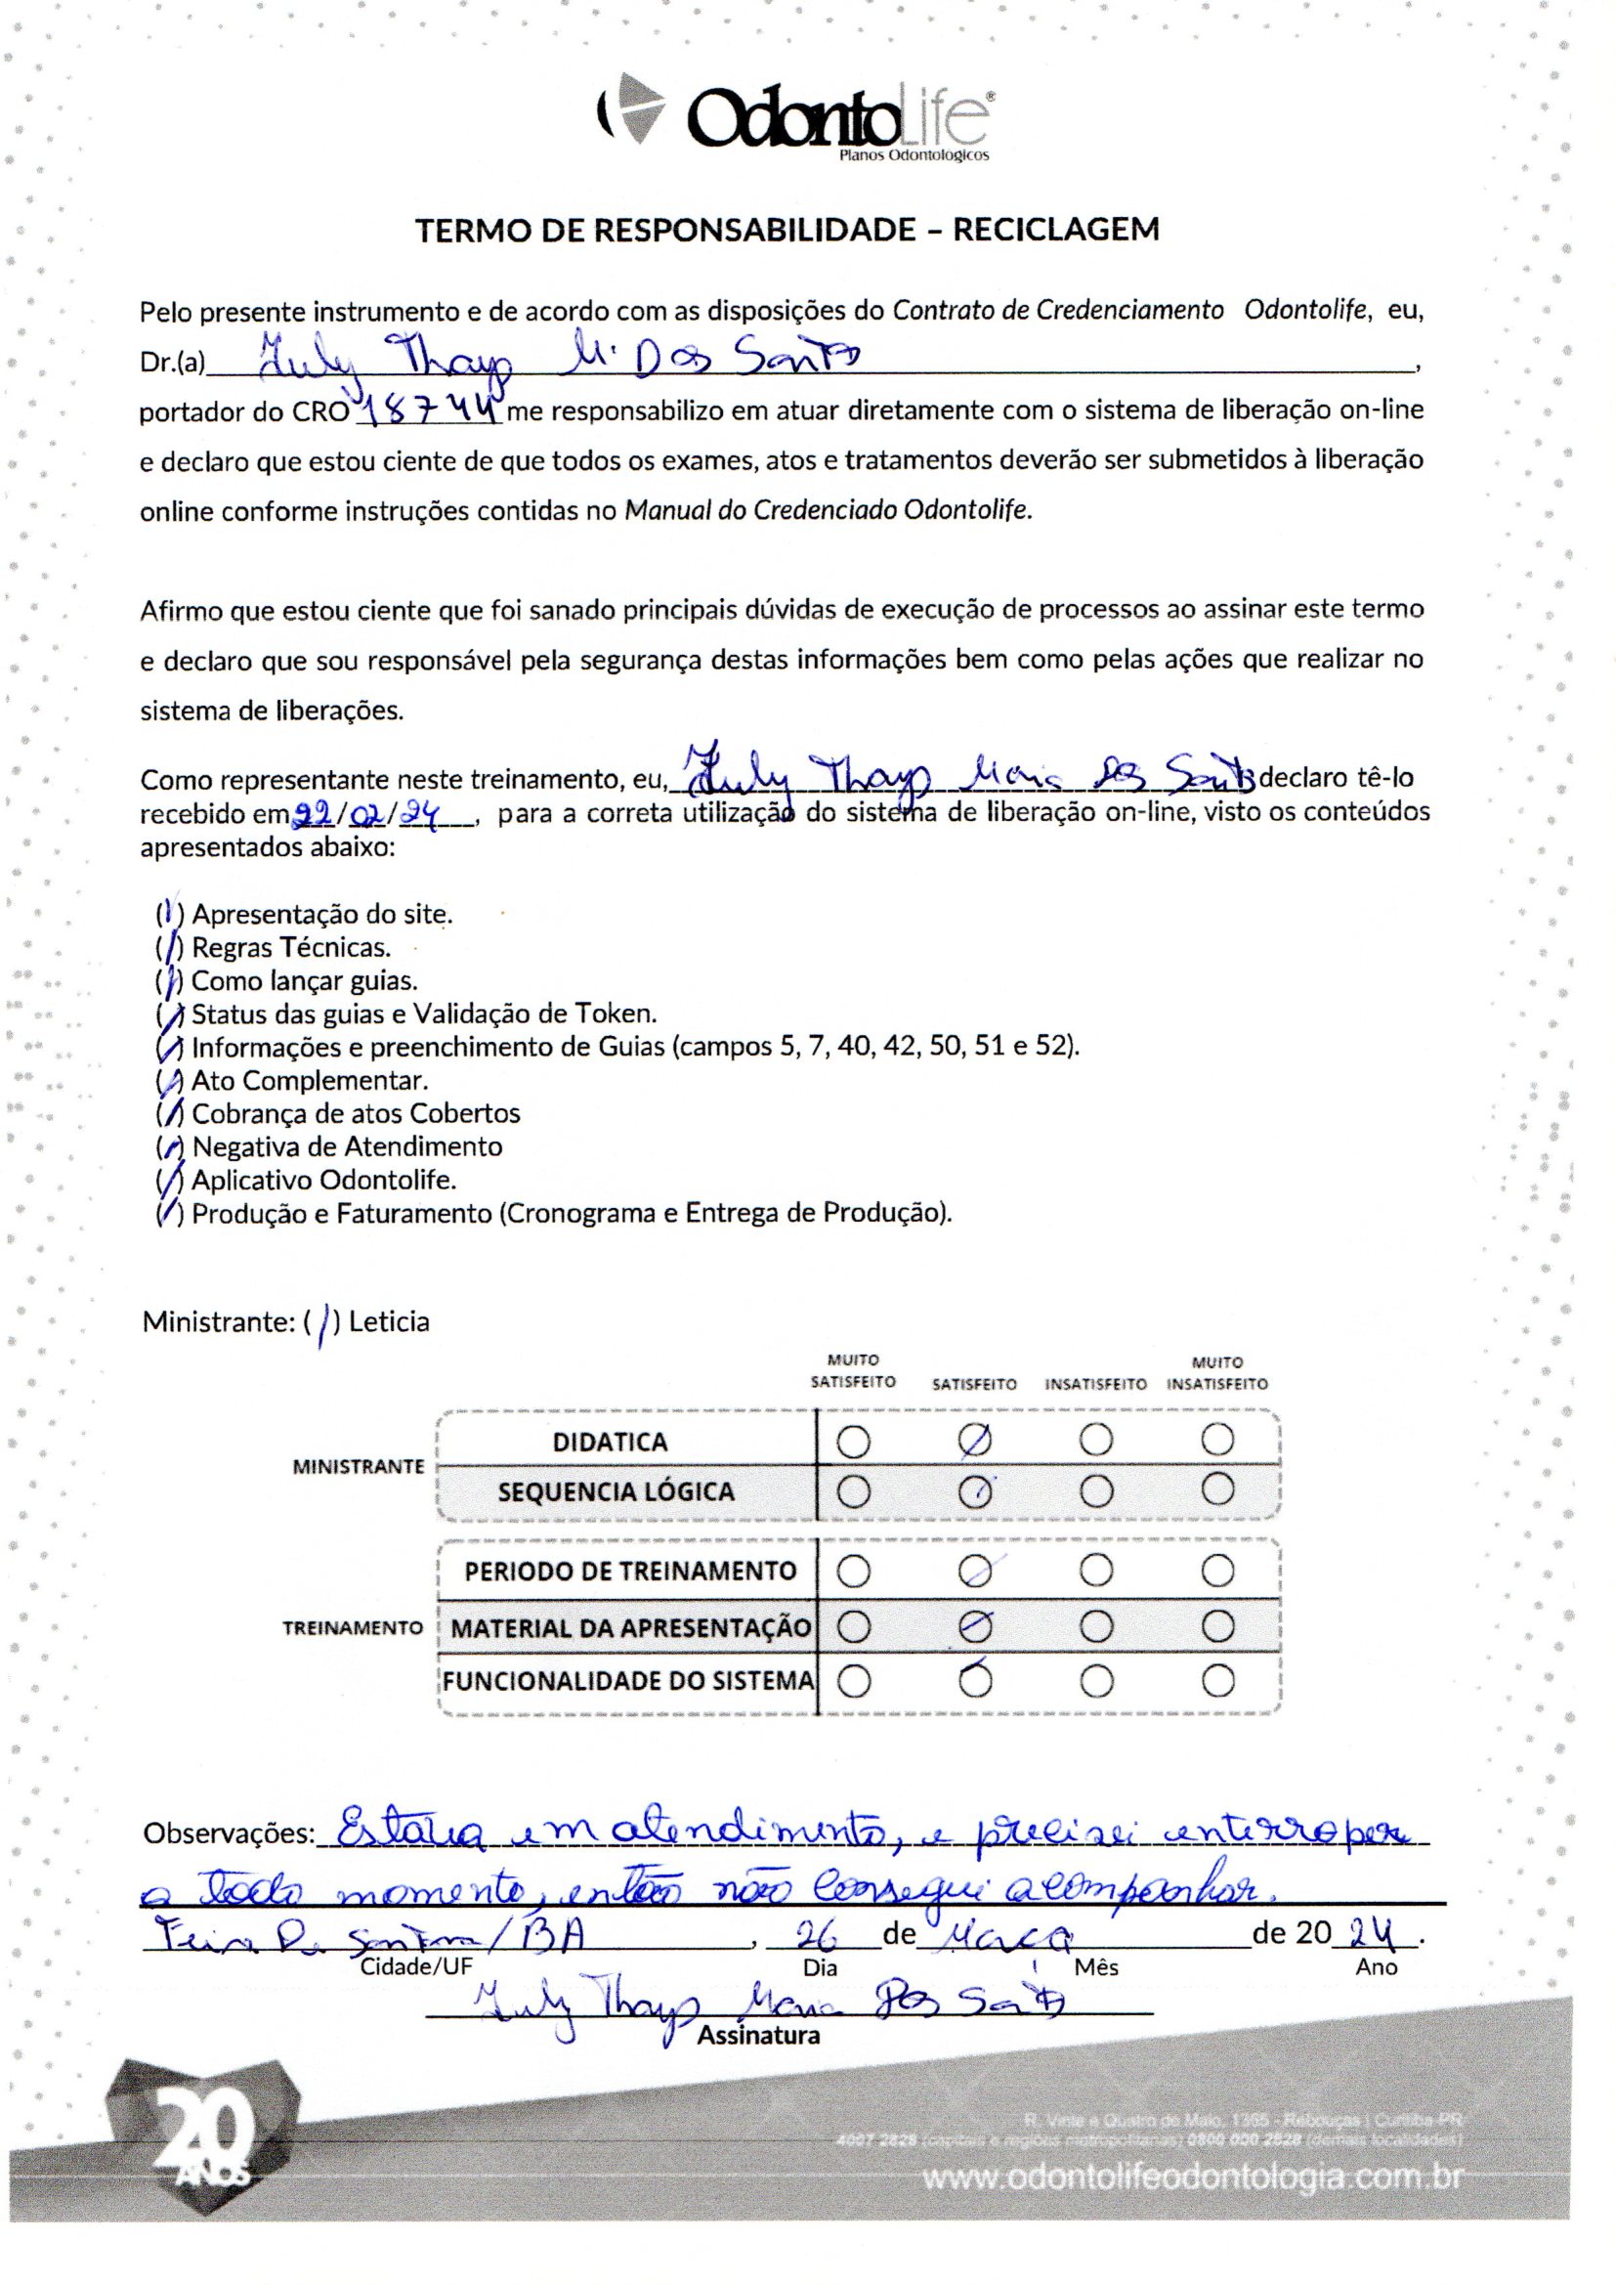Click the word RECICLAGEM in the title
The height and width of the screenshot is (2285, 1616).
1056,230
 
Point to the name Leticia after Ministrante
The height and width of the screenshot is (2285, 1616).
389,1322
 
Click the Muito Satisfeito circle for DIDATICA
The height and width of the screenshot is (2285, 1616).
854,1443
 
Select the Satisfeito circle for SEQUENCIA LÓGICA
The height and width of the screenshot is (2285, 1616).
975,1490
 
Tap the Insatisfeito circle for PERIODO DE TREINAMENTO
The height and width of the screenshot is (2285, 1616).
1095,1572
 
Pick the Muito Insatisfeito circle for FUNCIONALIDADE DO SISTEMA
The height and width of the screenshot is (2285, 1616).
1218,1682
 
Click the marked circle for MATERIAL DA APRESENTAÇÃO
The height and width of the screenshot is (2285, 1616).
975,1627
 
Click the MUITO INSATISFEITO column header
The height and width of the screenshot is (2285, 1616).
1217,1373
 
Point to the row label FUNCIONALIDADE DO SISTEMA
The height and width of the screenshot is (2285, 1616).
628,1682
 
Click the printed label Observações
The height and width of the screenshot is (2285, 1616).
229,1833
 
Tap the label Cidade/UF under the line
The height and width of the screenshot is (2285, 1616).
416,1967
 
